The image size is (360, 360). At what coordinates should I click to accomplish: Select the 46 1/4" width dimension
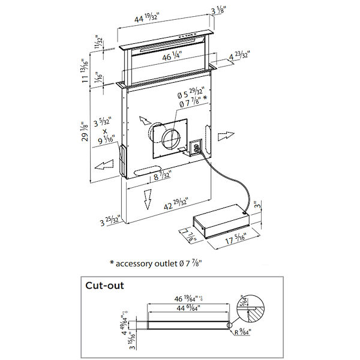click(x=170, y=58)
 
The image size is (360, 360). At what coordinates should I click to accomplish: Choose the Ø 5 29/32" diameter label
click(x=188, y=95)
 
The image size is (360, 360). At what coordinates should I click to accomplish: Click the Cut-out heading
click(x=105, y=286)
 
